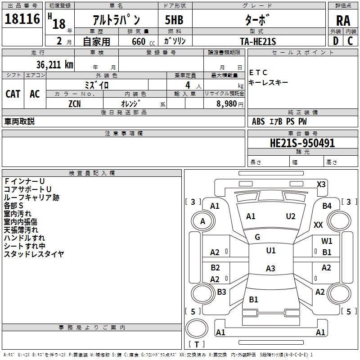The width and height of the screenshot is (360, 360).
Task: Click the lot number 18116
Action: coord(22,19)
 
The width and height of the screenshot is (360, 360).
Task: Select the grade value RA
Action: coord(343,21)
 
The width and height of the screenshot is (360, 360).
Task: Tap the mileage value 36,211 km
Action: coord(54,65)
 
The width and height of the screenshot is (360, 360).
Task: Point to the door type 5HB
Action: coord(174,20)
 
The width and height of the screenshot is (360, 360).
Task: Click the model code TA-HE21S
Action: coord(258,41)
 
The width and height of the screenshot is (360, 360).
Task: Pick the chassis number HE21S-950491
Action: coord(302,143)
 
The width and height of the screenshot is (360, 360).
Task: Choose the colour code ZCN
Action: coord(75,104)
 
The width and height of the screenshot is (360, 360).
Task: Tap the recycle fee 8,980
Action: coord(226,103)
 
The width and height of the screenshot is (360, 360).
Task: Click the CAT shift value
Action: coord(13,94)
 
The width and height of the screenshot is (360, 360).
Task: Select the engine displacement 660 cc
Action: coord(143,41)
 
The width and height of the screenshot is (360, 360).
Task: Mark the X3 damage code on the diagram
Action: coord(321,184)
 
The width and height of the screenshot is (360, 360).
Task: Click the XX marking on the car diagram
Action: coord(318,225)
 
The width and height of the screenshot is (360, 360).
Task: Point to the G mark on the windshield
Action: coord(257,237)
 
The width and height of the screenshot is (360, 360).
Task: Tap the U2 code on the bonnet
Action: coord(290,216)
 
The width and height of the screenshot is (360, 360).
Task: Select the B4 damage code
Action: coord(327,206)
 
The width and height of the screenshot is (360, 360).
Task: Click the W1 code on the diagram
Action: coord(327,241)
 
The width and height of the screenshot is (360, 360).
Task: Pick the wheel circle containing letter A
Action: coord(203,221)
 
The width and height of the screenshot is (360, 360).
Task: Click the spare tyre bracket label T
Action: coord(197,344)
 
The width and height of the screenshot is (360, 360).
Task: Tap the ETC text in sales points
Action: coord(258,72)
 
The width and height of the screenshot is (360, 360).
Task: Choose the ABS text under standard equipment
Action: coord(258,121)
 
